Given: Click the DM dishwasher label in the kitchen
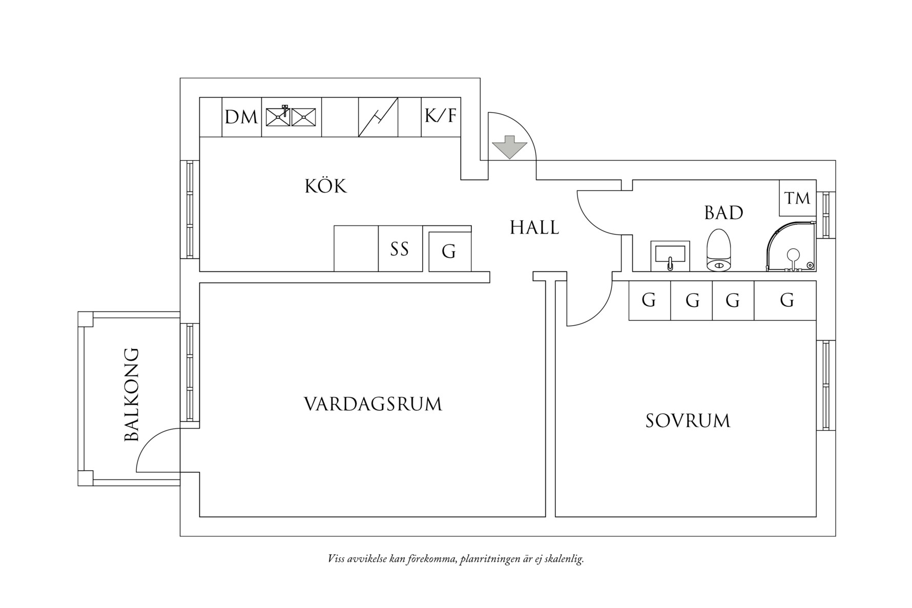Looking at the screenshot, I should tap(241, 117).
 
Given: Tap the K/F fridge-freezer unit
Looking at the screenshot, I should tap(441, 116).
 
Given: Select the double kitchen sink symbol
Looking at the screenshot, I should tap(291, 117).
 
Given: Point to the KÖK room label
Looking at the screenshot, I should tap(326, 186).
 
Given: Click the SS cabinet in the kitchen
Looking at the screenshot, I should tap(400, 249).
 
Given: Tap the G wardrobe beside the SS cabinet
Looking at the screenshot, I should tap(449, 251).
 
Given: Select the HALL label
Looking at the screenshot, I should tap(534, 227).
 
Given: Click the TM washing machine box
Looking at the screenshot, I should tap(797, 198).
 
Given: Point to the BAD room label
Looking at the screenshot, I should tap(723, 213).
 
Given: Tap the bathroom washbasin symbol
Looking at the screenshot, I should tap(670, 256).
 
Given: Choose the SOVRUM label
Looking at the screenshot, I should tap(688, 421).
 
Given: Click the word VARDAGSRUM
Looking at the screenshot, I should tap(372, 404).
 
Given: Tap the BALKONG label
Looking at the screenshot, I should tap(132, 394).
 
